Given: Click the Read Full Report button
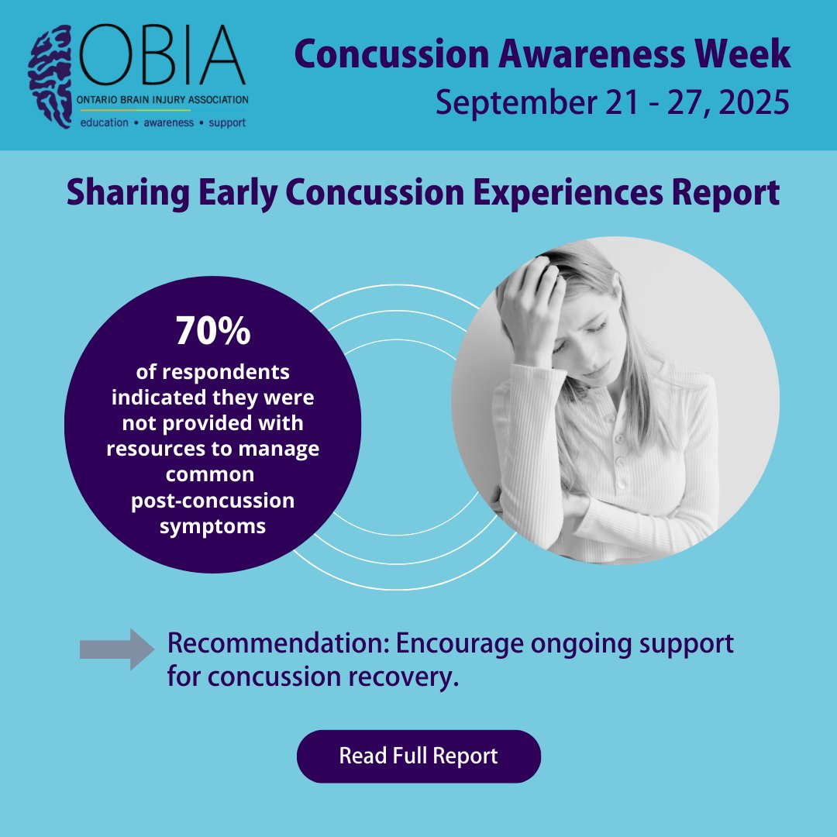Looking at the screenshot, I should pyautogui.click(x=418, y=756).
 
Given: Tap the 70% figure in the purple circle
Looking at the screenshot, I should pyautogui.click(x=213, y=331).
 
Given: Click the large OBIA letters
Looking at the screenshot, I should pyautogui.click(x=162, y=59).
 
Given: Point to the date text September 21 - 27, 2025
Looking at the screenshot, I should pyautogui.click(x=612, y=101).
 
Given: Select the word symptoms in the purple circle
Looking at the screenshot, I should pyautogui.click(x=213, y=526).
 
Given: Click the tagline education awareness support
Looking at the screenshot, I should pyautogui.click(x=164, y=122).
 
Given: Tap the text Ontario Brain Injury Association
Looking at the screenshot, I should pyautogui.click(x=164, y=100).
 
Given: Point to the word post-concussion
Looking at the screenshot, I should pyautogui.click(x=213, y=501).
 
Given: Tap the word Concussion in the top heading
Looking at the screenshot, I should pyautogui.click(x=394, y=54).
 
